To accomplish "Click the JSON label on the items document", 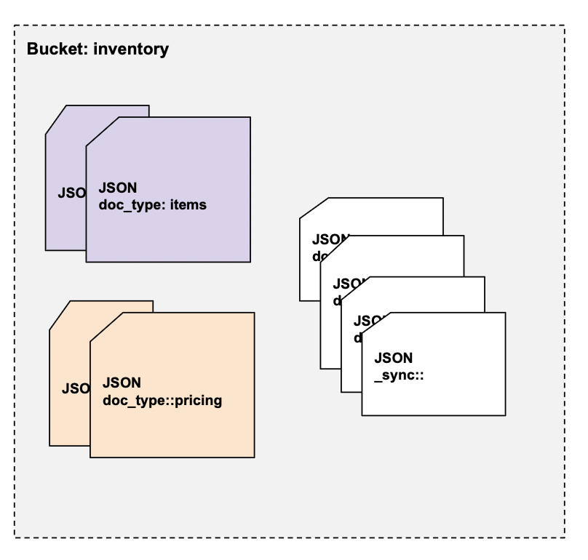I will coord(117,188).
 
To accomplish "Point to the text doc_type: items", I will coord(152,205).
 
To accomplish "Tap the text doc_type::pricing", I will coord(162,400).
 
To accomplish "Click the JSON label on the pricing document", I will coord(122,383).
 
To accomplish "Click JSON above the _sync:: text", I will coord(394,358).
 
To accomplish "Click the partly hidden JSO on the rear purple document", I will coord(71,194).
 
